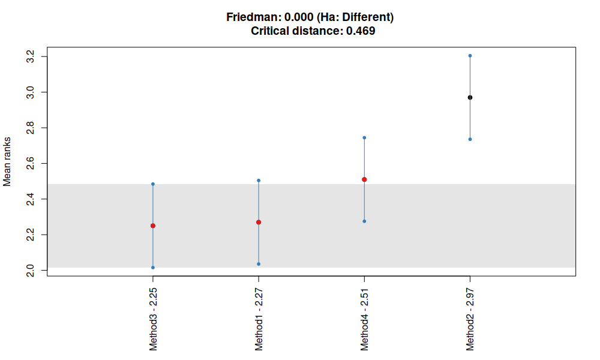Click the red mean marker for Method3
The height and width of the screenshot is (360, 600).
[x=153, y=226]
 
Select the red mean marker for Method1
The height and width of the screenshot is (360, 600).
[x=259, y=222]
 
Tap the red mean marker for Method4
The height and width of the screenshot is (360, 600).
[x=364, y=179]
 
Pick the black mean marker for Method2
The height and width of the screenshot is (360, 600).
[x=470, y=98]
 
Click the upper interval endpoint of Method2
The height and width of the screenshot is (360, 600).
[x=470, y=56]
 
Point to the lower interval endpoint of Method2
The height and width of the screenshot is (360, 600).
[x=470, y=139]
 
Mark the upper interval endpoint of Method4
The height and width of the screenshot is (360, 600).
[x=364, y=138]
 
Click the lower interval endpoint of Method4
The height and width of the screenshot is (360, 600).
[x=364, y=221]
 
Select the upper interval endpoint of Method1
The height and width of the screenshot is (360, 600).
[x=259, y=181]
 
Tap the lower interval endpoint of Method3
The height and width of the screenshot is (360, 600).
[x=153, y=268]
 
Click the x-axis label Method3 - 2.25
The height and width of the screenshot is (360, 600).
[x=153, y=319]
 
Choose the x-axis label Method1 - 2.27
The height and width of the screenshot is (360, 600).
[x=259, y=319]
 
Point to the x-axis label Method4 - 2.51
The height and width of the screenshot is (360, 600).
[x=364, y=319]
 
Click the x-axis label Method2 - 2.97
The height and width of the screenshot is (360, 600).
[x=470, y=319]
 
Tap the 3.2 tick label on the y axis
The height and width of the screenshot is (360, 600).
[x=30, y=56]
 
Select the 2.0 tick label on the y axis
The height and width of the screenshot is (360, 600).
[x=30, y=270]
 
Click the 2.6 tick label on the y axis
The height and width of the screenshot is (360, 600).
[x=30, y=163]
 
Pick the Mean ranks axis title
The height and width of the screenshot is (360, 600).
[x=7, y=162]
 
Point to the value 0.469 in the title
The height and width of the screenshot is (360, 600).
[x=361, y=31]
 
